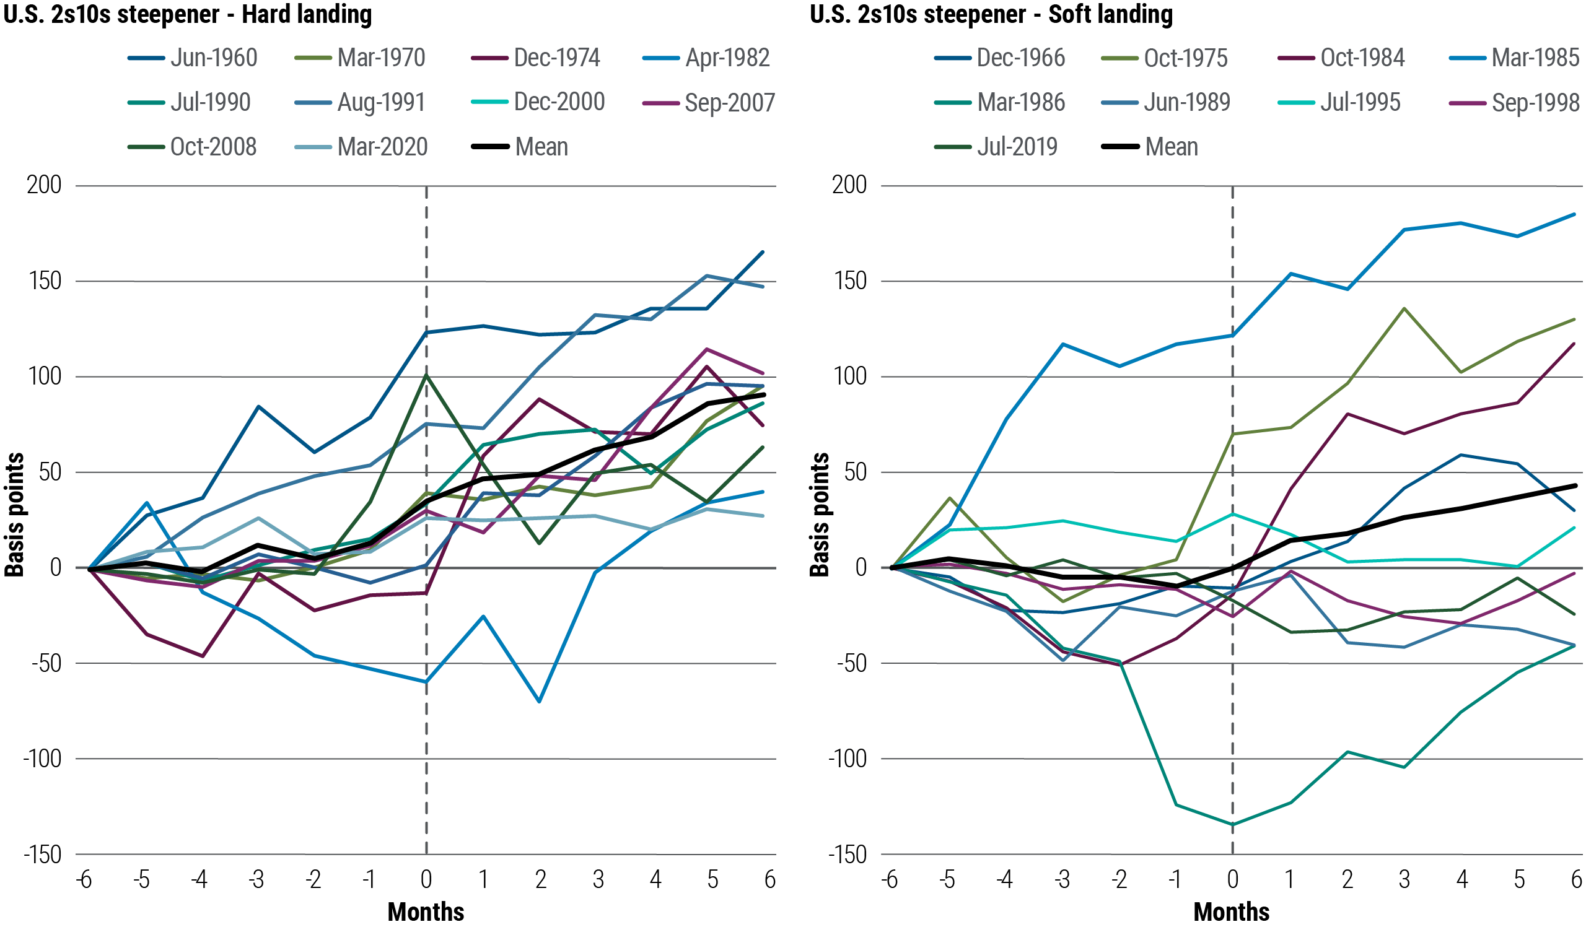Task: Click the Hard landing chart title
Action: click(x=188, y=14)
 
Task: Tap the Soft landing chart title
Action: click(x=991, y=14)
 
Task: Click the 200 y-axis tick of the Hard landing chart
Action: click(x=44, y=185)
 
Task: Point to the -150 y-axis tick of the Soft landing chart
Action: click(x=847, y=855)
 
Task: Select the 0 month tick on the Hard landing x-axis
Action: click(x=426, y=879)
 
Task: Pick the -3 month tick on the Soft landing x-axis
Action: click(x=1062, y=879)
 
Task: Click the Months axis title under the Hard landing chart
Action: click(x=426, y=912)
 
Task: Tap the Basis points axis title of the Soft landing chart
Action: click(x=819, y=515)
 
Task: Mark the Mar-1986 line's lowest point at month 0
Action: click(x=1232, y=824)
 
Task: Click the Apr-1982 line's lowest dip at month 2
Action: click(x=540, y=700)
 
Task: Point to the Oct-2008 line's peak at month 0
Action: click(x=426, y=375)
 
